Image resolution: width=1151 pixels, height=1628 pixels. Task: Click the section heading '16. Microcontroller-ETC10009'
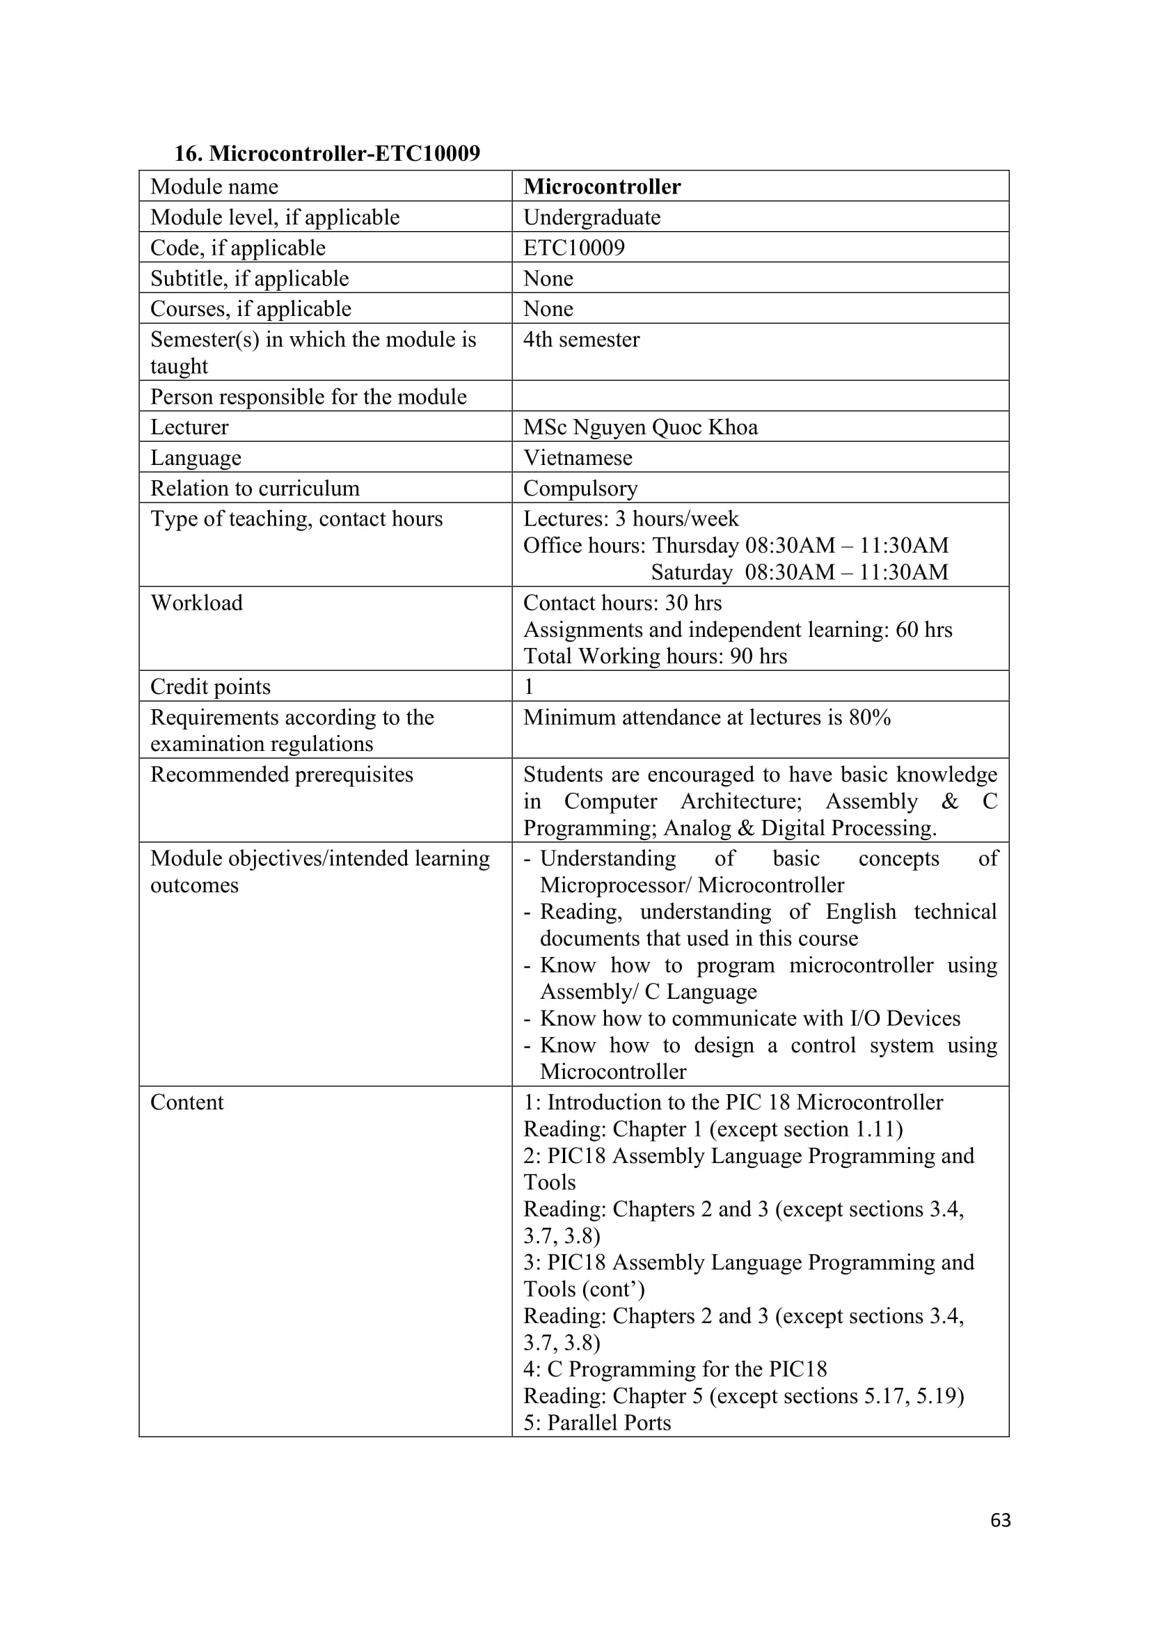click(x=327, y=153)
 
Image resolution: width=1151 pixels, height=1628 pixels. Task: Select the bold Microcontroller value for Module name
click(x=602, y=187)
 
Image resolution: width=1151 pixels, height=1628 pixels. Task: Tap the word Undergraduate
click(x=592, y=217)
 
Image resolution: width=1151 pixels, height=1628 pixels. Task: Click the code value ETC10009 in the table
click(x=574, y=248)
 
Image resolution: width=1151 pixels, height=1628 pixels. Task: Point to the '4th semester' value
click(x=581, y=340)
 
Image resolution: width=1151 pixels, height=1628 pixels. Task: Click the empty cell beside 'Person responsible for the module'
click(x=760, y=396)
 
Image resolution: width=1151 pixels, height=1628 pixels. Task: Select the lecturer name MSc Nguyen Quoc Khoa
click(x=641, y=427)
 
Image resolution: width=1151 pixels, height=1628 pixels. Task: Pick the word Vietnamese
click(x=578, y=457)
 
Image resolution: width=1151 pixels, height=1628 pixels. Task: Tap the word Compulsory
click(x=580, y=489)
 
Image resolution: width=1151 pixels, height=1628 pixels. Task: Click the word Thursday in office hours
click(x=695, y=545)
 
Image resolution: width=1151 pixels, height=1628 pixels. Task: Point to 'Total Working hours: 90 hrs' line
click(x=655, y=656)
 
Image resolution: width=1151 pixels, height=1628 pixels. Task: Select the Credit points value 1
click(x=529, y=686)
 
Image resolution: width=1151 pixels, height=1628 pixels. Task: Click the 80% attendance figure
click(x=870, y=718)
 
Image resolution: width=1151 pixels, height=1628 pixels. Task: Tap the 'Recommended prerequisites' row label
click(x=281, y=774)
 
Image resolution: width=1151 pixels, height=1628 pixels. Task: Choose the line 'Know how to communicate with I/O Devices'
click(x=750, y=1018)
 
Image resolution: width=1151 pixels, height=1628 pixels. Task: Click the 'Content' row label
click(x=187, y=1103)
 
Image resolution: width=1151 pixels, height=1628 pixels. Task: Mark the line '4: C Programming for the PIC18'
click(x=675, y=1369)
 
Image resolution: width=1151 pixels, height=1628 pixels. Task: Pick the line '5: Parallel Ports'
click(x=597, y=1423)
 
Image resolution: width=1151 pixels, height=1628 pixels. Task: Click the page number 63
click(x=1000, y=1520)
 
